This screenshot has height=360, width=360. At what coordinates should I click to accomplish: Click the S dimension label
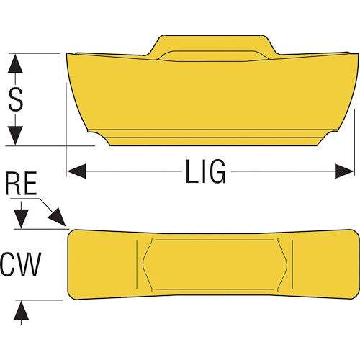(x=16, y=99)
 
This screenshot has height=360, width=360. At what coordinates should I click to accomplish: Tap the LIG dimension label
(x=205, y=171)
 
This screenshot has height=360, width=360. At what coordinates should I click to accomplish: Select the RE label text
(x=21, y=183)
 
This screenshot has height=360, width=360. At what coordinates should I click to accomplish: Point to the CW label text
(x=21, y=264)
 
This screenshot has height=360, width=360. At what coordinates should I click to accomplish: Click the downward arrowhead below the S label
(x=15, y=135)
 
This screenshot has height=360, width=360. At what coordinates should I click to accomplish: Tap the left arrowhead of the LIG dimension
(x=76, y=171)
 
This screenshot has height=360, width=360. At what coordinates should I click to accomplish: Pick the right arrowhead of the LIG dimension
(x=344, y=171)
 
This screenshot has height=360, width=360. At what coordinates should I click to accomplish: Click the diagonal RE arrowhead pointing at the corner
(x=57, y=217)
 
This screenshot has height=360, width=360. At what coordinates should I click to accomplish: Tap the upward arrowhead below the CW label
(x=21, y=310)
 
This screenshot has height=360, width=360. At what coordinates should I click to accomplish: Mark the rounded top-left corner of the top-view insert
(x=71, y=233)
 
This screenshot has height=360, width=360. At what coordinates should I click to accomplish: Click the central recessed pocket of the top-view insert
(x=215, y=264)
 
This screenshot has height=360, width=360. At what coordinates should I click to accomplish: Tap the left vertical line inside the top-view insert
(x=137, y=264)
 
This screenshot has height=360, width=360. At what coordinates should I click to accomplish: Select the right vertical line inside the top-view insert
(x=292, y=264)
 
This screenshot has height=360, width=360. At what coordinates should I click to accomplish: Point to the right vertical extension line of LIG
(x=354, y=143)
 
